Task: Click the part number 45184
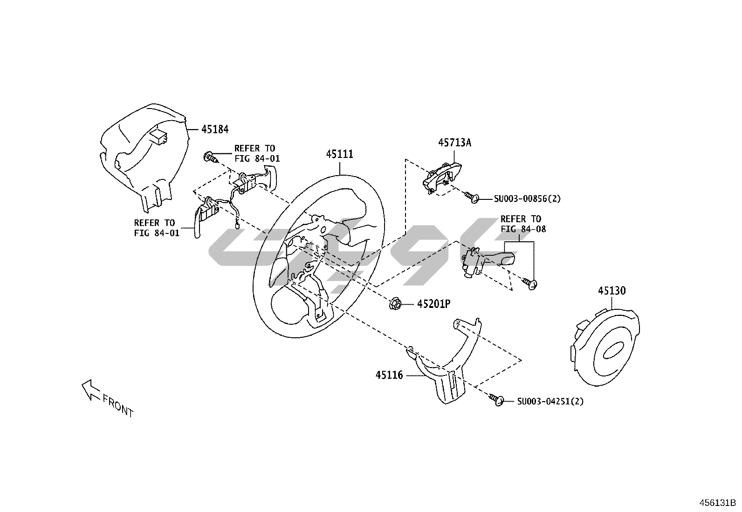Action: [x=215, y=129]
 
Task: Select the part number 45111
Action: [x=339, y=154]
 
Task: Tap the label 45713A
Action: [x=454, y=143]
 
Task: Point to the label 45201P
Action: [x=433, y=304]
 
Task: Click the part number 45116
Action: [x=389, y=375]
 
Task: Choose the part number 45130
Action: [x=612, y=291]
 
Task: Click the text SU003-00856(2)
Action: [x=527, y=199]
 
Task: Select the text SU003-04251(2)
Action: [x=550, y=401]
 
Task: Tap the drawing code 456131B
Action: [x=717, y=503]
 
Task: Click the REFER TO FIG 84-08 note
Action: [x=522, y=224]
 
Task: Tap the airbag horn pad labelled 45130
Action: [x=604, y=345]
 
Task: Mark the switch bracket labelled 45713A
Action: [x=440, y=176]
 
